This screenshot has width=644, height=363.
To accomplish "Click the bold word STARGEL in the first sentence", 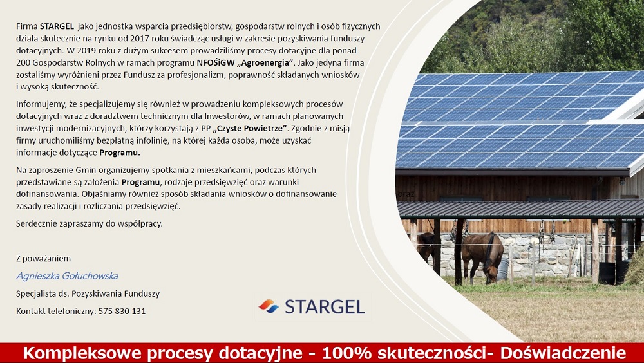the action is [x=57, y=26].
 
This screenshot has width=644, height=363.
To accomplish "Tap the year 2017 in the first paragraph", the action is [x=139, y=39].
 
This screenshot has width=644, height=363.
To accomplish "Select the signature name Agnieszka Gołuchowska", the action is [x=67, y=276].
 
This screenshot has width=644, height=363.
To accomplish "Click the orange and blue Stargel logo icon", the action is [x=269, y=306].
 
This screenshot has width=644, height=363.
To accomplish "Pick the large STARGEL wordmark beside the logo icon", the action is [x=325, y=307].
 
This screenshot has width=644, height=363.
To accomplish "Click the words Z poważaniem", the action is [x=43, y=259].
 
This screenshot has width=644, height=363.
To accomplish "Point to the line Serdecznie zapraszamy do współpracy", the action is [x=89, y=224].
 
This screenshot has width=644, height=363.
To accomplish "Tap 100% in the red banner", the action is [x=346, y=353].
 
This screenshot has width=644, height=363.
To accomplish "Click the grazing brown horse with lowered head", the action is [x=482, y=256].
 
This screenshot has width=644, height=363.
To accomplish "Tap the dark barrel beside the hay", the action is [x=607, y=272].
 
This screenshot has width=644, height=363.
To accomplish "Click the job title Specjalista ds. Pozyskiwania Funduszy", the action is [x=88, y=293].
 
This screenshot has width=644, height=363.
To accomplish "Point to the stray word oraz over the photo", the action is [x=406, y=194].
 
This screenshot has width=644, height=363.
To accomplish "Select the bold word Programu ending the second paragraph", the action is [x=120, y=153].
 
